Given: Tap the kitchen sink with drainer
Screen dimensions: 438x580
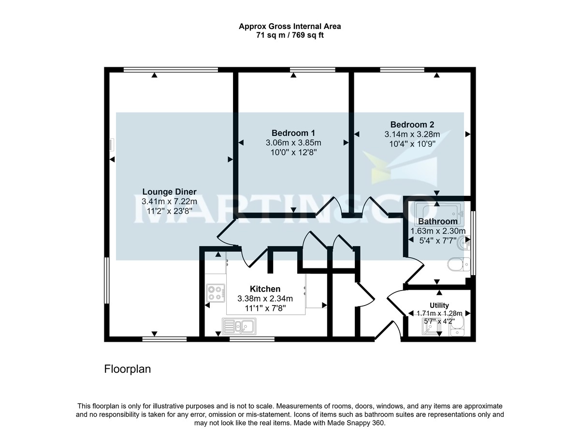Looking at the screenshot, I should (x=239, y=326).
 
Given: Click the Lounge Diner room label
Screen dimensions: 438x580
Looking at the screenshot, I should (x=169, y=191).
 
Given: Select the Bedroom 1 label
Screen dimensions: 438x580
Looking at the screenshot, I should (x=293, y=133).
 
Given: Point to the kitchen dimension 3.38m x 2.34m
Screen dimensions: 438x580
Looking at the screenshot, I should (x=265, y=299).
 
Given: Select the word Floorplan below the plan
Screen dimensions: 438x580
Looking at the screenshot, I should (x=128, y=369).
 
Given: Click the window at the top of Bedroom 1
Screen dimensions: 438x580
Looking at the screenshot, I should (x=313, y=70).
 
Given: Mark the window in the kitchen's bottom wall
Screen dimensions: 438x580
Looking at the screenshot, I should (x=252, y=339).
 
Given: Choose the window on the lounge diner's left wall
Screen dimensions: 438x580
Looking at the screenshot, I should (x=107, y=280).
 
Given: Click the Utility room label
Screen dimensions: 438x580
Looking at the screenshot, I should (x=439, y=306).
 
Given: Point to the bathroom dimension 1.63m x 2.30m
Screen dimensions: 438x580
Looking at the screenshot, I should (x=437, y=232).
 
